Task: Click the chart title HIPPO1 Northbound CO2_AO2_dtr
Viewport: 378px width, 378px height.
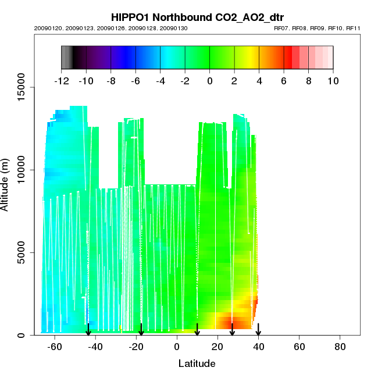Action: click(x=189, y=17)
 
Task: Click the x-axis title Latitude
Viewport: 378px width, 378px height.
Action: click(x=197, y=364)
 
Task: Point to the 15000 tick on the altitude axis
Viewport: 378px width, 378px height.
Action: click(x=22, y=87)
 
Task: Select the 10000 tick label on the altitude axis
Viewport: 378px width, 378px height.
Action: click(x=22, y=170)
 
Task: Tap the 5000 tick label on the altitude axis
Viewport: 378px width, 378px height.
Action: click(x=22, y=252)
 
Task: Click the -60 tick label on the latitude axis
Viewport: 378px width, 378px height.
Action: click(x=55, y=347)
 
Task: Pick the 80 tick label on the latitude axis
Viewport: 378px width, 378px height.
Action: click(x=340, y=347)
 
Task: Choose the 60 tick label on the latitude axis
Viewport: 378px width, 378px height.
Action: click(x=299, y=347)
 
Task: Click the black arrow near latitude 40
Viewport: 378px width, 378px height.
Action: click(x=258, y=330)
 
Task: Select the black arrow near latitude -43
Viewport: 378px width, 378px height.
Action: click(x=88, y=330)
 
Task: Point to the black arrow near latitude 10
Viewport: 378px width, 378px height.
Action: click(x=197, y=330)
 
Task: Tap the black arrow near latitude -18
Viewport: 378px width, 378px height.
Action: click(x=141, y=330)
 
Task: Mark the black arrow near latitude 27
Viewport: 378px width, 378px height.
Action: click(x=232, y=330)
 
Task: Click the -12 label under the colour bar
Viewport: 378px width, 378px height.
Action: click(x=62, y=81)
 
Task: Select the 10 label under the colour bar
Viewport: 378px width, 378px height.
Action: click(x=333, y=81)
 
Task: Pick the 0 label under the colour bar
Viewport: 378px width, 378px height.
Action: click(x=209, y=81)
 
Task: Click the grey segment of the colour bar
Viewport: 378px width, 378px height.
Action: click(x=66, y=58)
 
